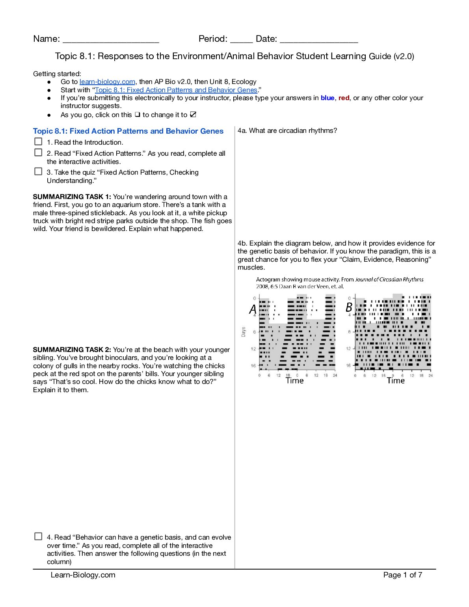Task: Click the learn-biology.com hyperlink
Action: [107, 82]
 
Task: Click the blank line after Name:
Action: [111, 39]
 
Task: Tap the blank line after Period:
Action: [241, 39]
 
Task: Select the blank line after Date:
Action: [318, 39]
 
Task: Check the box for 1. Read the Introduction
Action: [38, 142]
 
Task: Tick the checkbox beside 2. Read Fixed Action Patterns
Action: [38, 153]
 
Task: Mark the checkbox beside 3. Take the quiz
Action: [38, 171]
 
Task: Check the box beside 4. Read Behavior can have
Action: [38, 536]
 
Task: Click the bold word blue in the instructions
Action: [327, 98]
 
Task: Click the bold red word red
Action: [344, 98]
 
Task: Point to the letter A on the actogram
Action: [253, 309]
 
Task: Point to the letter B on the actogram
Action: [349, 307]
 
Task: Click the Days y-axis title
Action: [243, 332]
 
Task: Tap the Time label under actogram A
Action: [294, 381]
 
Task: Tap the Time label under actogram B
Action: [396, 381]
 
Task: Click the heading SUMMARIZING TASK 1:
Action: [72, 197]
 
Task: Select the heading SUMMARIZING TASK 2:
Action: [72, 350]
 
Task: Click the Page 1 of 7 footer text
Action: [402, 575]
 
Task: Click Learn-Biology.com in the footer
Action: [83, 575]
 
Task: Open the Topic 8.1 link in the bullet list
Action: [176, 90]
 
